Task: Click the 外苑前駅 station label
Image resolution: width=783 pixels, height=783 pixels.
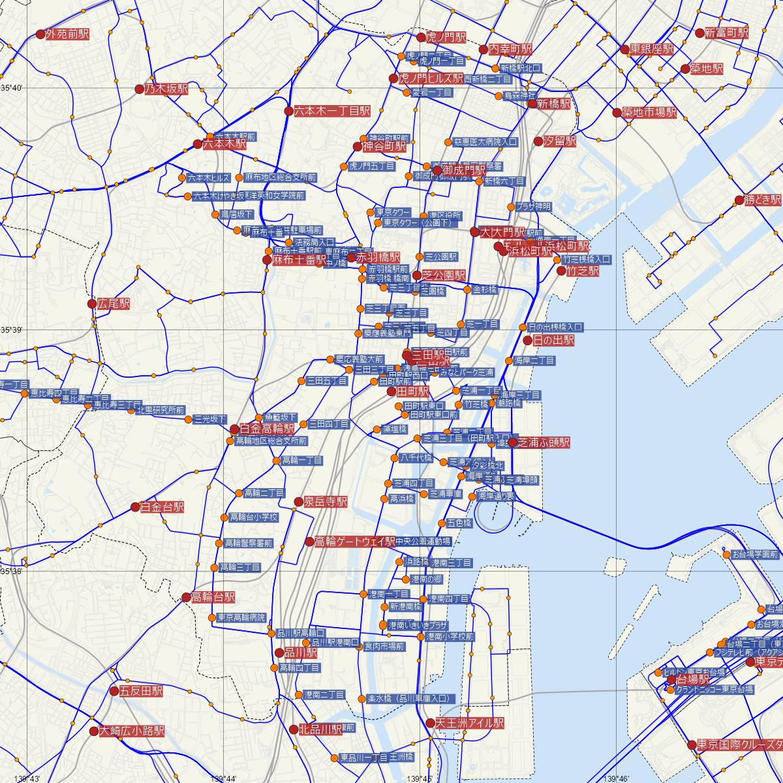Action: (x=68, y=35)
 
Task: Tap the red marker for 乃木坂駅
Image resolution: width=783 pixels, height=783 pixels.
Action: (x=139, y=89)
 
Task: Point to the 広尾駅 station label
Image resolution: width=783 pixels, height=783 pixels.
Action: (x=113, y=304)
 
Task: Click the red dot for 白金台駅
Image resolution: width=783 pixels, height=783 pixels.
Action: (x=135, y=507)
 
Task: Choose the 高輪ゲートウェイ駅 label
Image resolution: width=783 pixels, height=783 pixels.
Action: (x=355, y=542)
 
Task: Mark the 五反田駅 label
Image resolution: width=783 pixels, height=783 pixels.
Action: (x=141, y=691)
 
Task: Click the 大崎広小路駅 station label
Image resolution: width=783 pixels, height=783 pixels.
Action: (x=132, y=731)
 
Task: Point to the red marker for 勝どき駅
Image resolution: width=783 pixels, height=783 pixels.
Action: (x=739, y=200)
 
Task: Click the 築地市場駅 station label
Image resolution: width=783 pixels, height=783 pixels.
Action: (x=649, y=112)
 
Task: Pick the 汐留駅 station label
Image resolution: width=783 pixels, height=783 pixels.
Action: (x=560, y=141)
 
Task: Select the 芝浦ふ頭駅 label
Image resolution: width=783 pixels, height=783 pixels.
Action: (x=544, y=442)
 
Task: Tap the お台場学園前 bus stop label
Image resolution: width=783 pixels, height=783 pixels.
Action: (x=755, y=555)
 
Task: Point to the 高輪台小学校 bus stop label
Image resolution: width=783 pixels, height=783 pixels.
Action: (x=254, y=517)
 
